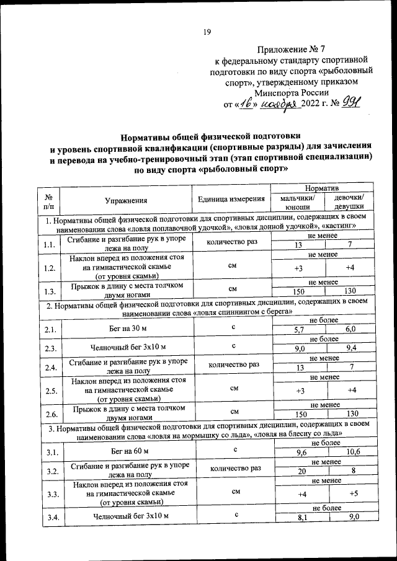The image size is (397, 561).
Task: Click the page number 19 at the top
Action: (x=208, y=32)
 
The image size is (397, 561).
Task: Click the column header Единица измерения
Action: (x=228, y=200)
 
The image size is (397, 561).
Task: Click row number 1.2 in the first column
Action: (x=50, y=268)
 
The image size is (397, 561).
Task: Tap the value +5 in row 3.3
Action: (x=352, y=494)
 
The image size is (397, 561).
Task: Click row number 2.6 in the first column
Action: (x=50, y=413)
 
